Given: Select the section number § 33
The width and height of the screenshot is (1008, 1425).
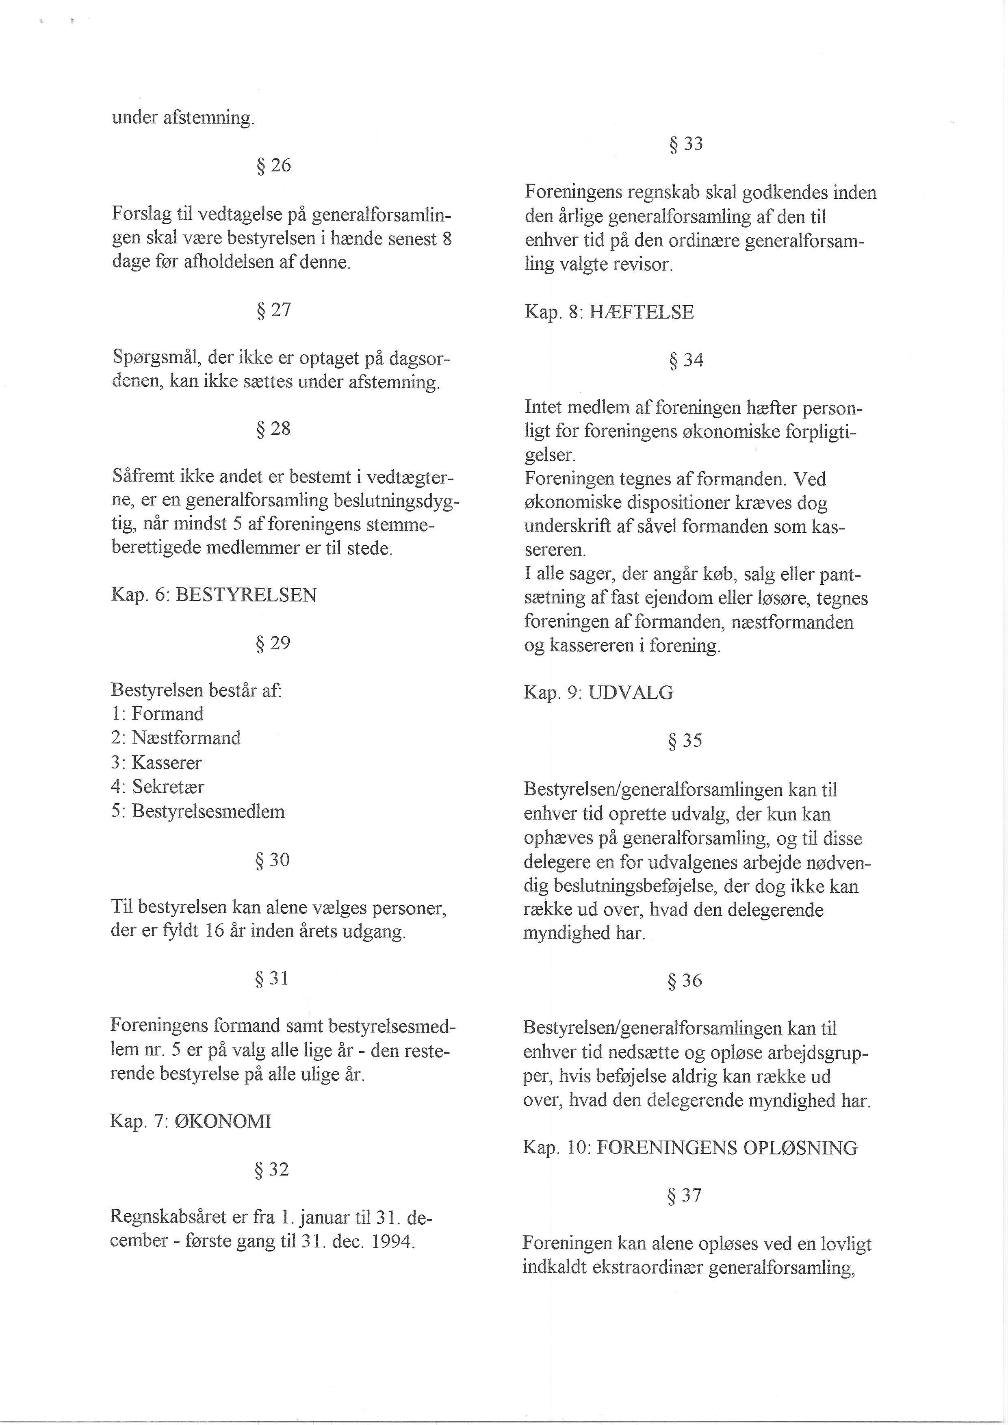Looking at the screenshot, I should pos(686,144).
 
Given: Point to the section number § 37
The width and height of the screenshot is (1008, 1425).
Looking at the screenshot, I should pos(684,1195).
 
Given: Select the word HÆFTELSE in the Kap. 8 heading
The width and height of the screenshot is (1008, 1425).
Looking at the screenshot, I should pos(641,312).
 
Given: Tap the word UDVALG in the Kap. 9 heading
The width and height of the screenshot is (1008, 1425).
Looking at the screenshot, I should pos(631,693).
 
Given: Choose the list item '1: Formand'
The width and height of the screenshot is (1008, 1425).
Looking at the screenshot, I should pos(158,714).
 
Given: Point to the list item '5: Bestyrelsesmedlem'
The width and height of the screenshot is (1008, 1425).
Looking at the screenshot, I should pos(198,812).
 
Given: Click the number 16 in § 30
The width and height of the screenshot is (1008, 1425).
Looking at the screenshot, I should pos(214,932).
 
